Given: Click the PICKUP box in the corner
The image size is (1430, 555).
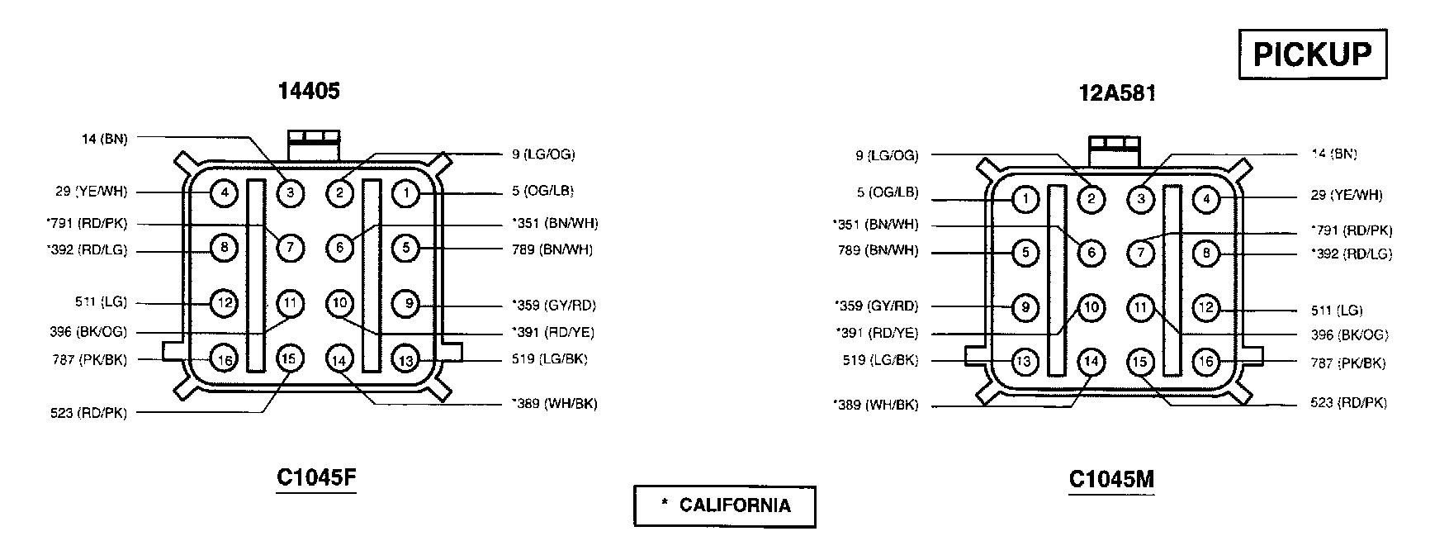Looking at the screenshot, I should [1312, 55].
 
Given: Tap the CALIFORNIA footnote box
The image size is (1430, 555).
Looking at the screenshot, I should [724, 505].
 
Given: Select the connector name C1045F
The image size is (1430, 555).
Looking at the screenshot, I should [316, 478].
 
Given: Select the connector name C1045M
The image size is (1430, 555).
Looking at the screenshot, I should [1110, 479].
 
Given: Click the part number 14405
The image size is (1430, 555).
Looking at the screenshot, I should [309, 91].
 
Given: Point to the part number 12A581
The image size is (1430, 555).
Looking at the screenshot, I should [1117, 93].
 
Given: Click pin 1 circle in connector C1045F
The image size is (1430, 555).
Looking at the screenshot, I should [405, 194].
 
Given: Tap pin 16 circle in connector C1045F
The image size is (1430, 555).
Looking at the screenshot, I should [224, 359].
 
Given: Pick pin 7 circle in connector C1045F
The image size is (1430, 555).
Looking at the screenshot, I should [290, 247].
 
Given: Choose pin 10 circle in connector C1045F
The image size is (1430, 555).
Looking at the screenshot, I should [339, 303].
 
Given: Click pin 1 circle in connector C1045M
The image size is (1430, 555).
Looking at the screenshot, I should [1025, 199].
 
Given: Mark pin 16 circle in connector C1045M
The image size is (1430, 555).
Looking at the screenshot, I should [1206, 361].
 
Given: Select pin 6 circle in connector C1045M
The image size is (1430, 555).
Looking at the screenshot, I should [1091, 253].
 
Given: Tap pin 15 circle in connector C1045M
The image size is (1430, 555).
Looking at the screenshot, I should [1140, 361].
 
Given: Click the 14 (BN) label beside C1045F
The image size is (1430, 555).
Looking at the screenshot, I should [104, 139].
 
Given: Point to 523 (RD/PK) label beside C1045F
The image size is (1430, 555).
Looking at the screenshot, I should [88, 413].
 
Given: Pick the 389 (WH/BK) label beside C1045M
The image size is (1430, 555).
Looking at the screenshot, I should [876, 406].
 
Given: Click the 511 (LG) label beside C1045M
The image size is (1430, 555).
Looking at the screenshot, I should [1337, 311].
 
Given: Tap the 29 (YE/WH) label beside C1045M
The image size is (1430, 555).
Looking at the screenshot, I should [1346, 196].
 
